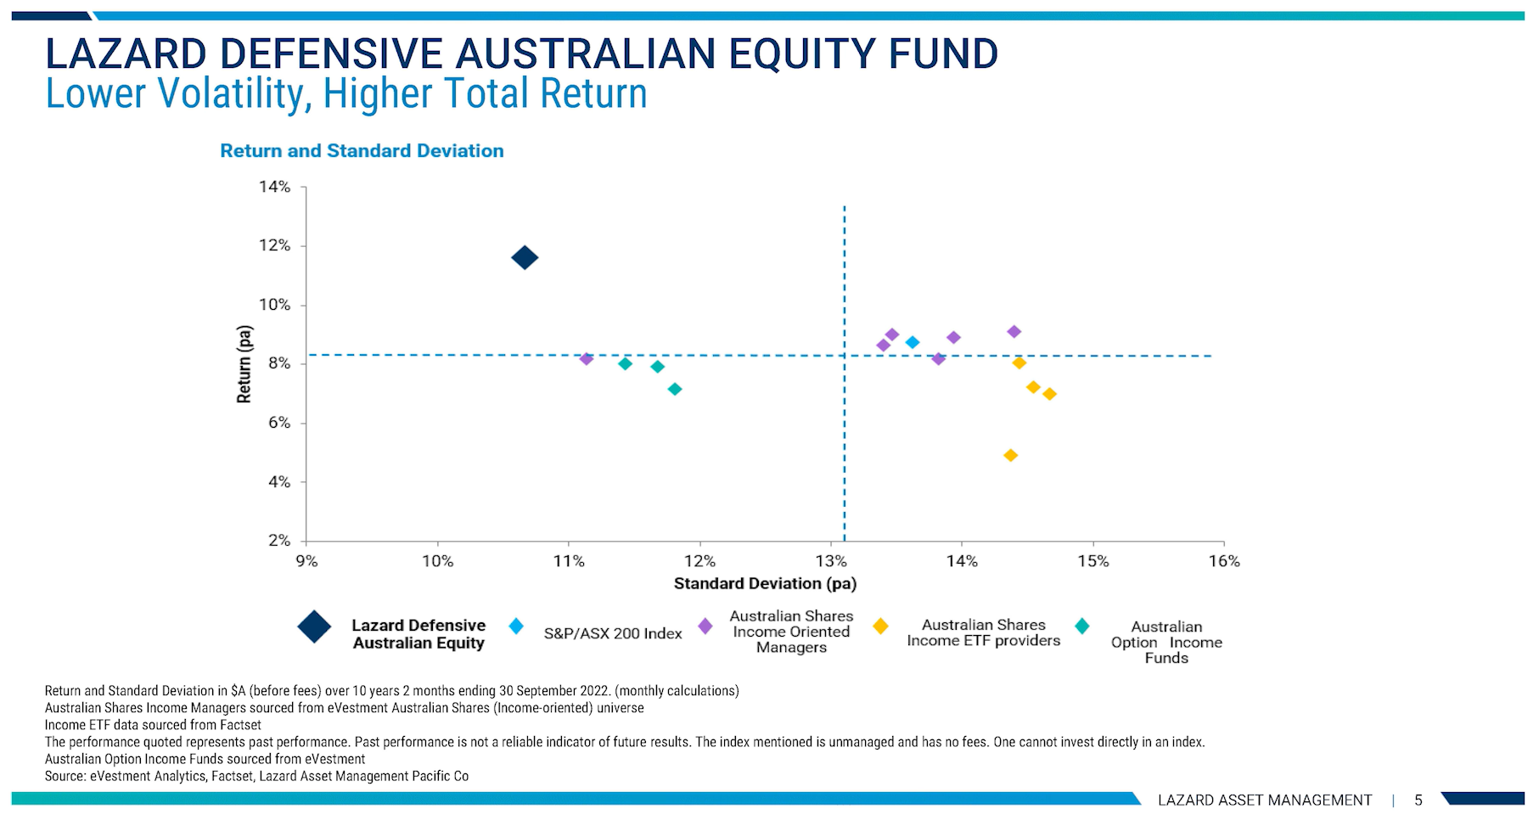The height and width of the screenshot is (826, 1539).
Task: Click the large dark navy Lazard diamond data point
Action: (x=525, y=257)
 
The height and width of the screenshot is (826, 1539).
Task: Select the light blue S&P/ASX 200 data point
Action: (x=913, y=342)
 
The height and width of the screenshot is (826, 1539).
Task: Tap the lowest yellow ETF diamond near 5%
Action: (x=1010, y=455)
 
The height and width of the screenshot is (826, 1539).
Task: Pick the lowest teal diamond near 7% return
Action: (x=675, y=389)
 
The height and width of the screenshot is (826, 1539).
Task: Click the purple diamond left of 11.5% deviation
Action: (x=586, y=358)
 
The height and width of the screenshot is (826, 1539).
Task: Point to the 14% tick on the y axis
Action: (x=274, y=187)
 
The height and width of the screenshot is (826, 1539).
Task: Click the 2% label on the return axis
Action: (x=278, y=541)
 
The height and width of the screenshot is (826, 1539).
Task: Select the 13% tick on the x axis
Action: (x=831, y=561)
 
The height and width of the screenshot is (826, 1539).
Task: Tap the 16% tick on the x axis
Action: (x=1224, y=561)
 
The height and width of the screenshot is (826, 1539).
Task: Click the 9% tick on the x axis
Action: (x=306, y=561)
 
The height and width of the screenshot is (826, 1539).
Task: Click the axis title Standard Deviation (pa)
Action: (x=765, y=583)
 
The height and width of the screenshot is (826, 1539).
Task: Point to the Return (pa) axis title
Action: (x=244, y=364)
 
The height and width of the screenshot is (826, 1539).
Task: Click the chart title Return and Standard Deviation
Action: (x=362, y=151)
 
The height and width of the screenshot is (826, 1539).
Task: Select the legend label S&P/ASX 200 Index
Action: (x=613, y=633)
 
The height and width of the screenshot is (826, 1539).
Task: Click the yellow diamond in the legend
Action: (x=880, y=627)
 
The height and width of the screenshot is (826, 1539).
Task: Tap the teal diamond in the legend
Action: (x=1082, y=627)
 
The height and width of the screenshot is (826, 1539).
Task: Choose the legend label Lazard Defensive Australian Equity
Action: (x=418, y=634)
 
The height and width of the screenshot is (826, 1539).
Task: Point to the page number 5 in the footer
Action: (x=1418, y=800)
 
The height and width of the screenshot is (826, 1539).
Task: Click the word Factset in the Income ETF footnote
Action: (x=242, y=725)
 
